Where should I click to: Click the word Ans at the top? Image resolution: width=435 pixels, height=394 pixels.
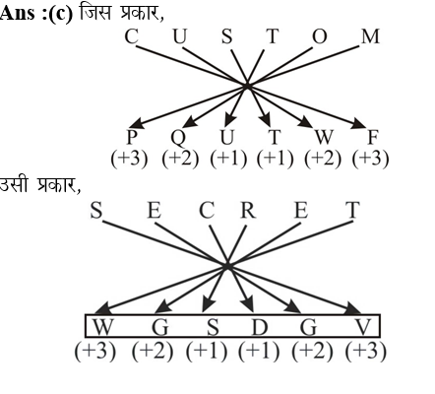pos(17,14)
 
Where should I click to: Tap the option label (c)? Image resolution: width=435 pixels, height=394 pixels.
pos(60,14)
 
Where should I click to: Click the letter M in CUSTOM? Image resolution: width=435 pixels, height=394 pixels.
pos(370,36)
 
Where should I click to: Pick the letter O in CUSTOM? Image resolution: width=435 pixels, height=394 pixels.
pos(320,36)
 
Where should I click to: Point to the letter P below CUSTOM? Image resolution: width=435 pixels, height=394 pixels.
pos(132,137)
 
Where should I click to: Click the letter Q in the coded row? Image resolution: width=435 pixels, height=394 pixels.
pos(178,138)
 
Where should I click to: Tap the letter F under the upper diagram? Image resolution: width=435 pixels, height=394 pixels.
pos(373,137)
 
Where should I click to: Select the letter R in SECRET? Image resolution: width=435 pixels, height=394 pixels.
pos(248,211)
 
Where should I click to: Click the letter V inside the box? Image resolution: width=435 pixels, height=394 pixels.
pos(363,327)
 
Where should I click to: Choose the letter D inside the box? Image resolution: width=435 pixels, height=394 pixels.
pos(260,327)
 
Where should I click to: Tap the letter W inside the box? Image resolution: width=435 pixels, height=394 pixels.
pos(103,327)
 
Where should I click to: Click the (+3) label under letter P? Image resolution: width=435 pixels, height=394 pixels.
pos(129,159)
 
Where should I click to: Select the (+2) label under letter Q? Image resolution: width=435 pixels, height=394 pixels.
pos(180,159)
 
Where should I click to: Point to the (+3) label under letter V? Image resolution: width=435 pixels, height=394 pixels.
pos(366,351)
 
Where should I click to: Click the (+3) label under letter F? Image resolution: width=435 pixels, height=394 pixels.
pos(370,159)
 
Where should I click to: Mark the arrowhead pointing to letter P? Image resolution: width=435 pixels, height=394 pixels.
pos(136,123)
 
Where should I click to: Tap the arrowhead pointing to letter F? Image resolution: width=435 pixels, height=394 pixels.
pos(358,123)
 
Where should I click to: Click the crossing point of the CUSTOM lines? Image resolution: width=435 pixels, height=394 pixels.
pos(247,86)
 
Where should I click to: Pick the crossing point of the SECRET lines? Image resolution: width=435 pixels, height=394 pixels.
pos(227,266)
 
